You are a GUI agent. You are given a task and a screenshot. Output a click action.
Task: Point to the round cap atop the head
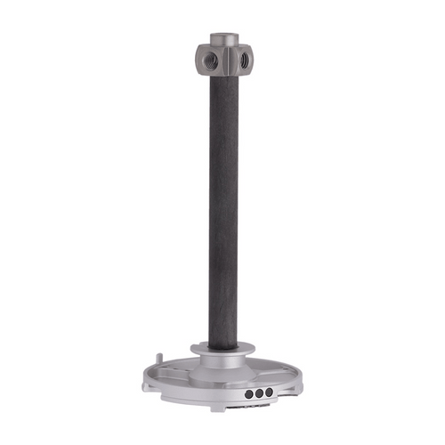(x=223, y=38)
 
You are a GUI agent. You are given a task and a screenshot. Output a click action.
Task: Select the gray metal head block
(x=223, y=55)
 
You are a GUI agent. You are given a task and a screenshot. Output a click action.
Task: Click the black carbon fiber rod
(x=223, y=205)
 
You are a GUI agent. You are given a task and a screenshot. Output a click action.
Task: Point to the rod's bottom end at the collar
(x=223, y=345)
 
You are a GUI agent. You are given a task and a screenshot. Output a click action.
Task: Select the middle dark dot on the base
(x=260, y=392)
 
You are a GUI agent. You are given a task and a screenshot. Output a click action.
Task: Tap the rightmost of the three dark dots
(x=269, y=391)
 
